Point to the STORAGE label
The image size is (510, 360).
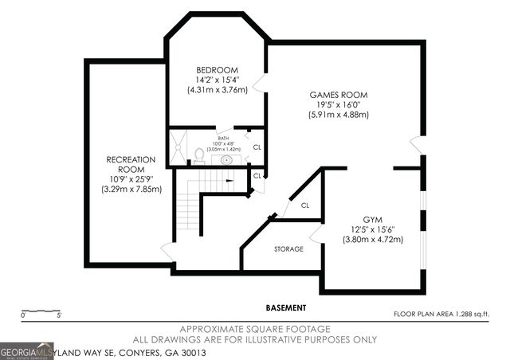[x=288, y=249]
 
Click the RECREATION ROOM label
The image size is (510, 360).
[x=131, y=165]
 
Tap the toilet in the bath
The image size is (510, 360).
[x=199, y=155]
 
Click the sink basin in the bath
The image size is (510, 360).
[x=227, y=159]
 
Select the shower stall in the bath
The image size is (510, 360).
[x=176, y=147]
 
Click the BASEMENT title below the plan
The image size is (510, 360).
[x=286, y=307]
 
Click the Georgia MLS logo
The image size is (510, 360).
[x=26, y=350]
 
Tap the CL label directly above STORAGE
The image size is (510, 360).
[x=304, y=205]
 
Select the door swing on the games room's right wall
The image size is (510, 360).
[x=416, y=145]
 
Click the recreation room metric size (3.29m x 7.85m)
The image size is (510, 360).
[x=131, y=190]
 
